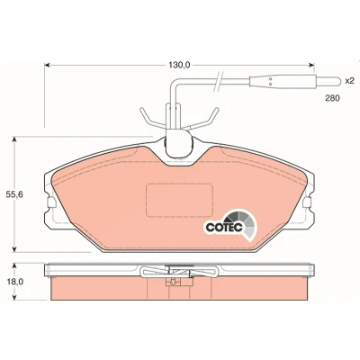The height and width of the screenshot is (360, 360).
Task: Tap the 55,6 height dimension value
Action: click(x=14, y=194)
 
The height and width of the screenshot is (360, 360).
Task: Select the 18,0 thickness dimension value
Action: click(x=14, y=282)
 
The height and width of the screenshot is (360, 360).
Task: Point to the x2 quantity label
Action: click(x=349, y=81)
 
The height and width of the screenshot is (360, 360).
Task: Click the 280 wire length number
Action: click(x=332, y=98)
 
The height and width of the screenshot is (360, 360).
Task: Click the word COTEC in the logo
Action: click(x=224, y=228)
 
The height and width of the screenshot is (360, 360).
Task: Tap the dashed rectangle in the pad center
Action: click(x=179, y=200)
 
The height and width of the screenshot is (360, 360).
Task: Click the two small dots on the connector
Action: click(x=270, y=81)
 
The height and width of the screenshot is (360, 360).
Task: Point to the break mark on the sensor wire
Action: click(x=218, y=81)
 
